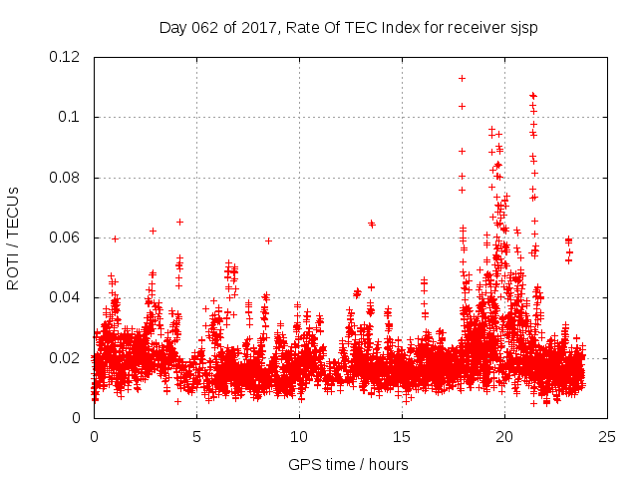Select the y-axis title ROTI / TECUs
13,238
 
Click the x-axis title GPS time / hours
348,464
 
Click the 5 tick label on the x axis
196,436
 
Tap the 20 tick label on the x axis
504,436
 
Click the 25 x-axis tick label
607,436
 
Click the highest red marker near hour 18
462,78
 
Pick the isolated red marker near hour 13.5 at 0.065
371,224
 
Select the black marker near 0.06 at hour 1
116,239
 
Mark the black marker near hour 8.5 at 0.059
268,240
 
